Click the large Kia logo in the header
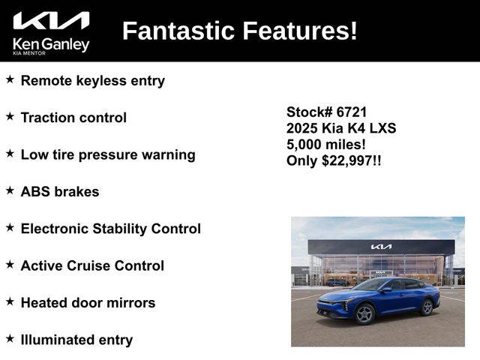(x=51, y=21)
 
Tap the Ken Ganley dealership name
(x=51, y=45)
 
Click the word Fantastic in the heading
(x=178, y=31)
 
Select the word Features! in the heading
(x=300, y=31)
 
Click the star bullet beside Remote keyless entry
(x=10, y=79)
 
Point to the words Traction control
(x=73, y=118)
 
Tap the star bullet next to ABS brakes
(x=10, y=190)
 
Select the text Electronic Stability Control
(x=111, y=229)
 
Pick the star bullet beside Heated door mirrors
(x=10, y=301)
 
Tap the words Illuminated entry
(x=76, y=340)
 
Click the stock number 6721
(x=351, y=112)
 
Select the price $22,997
(x=347, y=160)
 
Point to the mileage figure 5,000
(x=304, y=145)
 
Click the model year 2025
(x=301, y=128)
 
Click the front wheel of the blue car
(x=364, y=313)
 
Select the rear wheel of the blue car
(x=427, y=307)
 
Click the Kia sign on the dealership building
(x=381, y=247)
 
